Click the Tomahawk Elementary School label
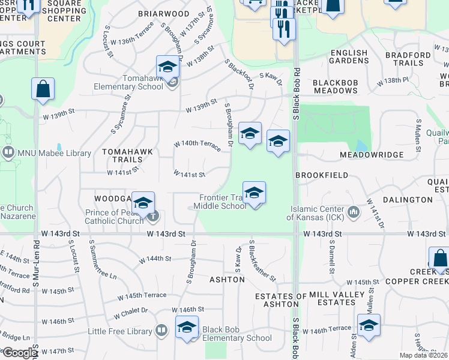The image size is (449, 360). tap(128, 82)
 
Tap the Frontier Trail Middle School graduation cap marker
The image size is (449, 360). tap(254, 193)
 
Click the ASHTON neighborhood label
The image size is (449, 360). tap(227, 280)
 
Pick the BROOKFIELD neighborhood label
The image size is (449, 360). tap(322, 175)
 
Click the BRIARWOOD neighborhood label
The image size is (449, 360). tap(163, 13)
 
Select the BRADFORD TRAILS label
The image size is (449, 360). tap(408, 59)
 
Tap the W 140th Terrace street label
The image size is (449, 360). tap(197, 144)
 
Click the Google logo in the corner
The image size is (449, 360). tap(20, 353)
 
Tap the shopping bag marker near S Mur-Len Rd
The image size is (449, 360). tap(43, 89)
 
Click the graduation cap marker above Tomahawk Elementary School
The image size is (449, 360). tap(168, 66)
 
